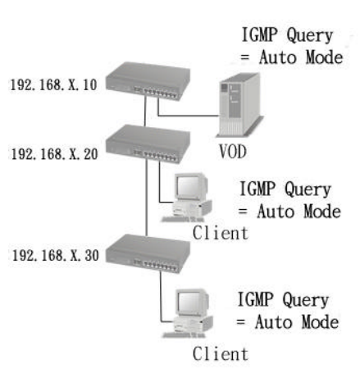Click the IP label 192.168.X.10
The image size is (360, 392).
click(x=53, y=84)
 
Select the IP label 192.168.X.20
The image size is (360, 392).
click(x=54, y=154)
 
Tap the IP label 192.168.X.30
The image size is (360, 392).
click(x=55, y=256)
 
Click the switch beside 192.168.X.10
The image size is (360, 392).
click(x=148, y=81)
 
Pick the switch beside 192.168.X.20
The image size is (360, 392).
click(x=148, y=144)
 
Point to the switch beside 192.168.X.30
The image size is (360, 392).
click(x=148, y=253)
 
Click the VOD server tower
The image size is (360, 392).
click(x=239, y=105)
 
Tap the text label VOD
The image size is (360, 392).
click(x=233, y=152)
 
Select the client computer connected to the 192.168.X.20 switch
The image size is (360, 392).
click(x=187, y=198)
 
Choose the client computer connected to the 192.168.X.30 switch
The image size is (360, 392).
click(x=188, y=313)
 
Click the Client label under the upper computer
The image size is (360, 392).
click(x=221, y=233)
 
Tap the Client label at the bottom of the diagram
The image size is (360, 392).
click(x=221, y=353)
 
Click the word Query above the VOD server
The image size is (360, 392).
click(x=309, y=36)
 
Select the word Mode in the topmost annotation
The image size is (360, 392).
click(x=324, y=57)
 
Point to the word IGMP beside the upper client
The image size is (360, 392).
click(x=257, y=189)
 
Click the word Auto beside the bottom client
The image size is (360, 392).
click(x=273, y=321)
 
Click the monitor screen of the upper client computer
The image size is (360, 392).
click(x=189, y=185)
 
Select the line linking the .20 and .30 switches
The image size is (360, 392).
click(x=147, y=198)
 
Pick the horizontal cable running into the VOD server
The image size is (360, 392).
click(x=189, y=116)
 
